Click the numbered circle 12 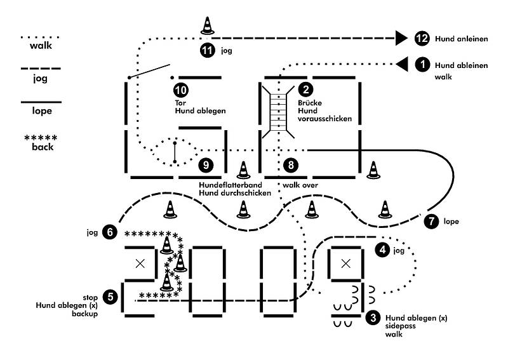click(x=422, y=39)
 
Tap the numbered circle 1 click(x=422, y=65)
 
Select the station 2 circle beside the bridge click(x=305, y=90)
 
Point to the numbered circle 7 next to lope click(x=431, y=222)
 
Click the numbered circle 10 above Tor click(x=181, y=90)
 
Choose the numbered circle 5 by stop click(x=110, y=297)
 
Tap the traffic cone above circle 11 click(x=208, y=25)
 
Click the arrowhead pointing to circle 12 click(x=401, y=38)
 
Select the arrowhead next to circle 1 click(x=402, y=65)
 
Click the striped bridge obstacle click(x=278, y=112)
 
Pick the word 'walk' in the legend click(x=41, y=45)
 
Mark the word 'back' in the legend click(x=43, y=147)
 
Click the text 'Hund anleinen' click(x=462, y=39)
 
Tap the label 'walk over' click(x=300, y=185)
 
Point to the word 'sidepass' click(x=401, y=326)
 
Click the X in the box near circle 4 click(x=346, y=263)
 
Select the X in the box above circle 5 click(x=140, y=263)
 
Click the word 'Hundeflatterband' click(x=231, y=185)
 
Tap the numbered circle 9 click(x=206, y=165)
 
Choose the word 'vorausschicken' click(x=324, y=119)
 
